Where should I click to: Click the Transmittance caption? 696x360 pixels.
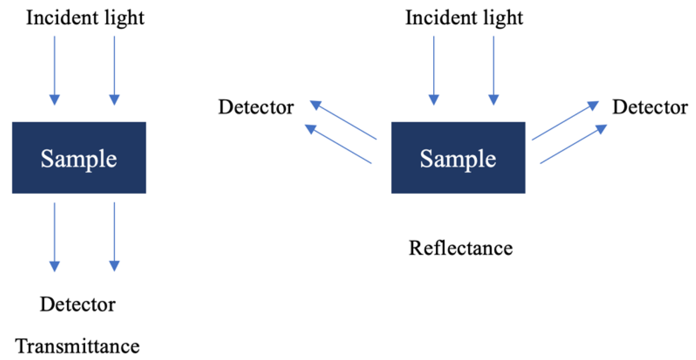tap(77, 346)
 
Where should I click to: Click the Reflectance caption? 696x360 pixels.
tap(460, 248)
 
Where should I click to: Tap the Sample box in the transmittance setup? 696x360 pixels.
tap(79, 158)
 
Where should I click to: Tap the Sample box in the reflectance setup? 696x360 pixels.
tap(458, 158)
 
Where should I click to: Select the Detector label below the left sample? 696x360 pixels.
tap(77, 304)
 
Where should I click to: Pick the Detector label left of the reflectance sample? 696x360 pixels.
tap(256, 107)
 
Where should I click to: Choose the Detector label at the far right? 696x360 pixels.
tap(650, 107)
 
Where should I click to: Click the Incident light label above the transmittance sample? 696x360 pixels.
tap(85, 18)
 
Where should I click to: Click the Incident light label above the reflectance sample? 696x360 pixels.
tap(464, 18)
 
